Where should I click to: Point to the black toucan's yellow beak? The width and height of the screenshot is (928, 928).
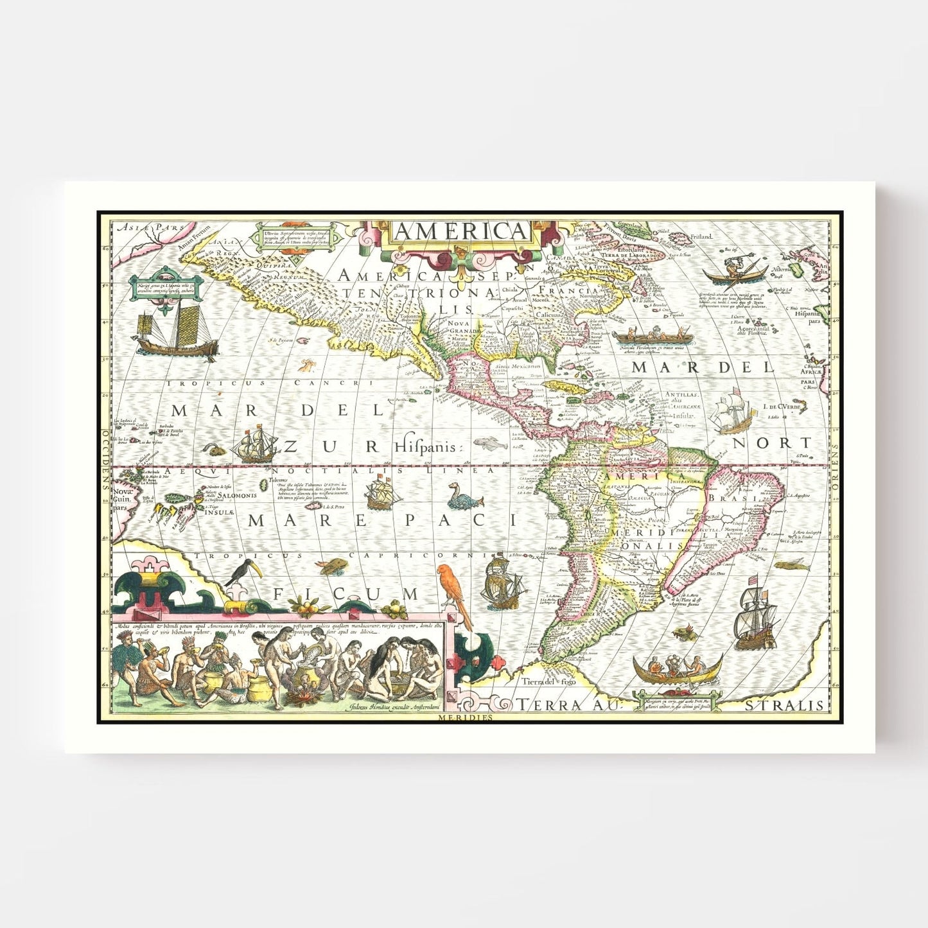tap(255, 568)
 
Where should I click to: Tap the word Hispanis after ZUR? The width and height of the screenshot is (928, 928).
tap(428, 447)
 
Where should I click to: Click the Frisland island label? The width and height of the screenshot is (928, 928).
tap(701, 237)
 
